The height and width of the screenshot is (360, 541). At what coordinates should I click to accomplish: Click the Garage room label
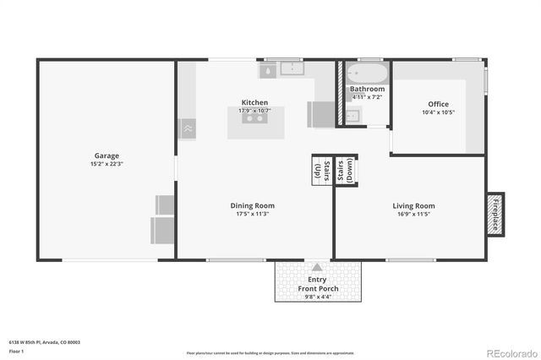coord(107,155)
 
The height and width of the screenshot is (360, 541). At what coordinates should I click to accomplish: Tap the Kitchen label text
coord(254,102)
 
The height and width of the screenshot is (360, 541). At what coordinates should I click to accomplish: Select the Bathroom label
coord(368,89)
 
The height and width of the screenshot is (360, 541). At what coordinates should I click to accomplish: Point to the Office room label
coord(438,104)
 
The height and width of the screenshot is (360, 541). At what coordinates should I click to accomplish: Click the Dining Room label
coord(253,205)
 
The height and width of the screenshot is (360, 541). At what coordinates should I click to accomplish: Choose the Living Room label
coord(413,205)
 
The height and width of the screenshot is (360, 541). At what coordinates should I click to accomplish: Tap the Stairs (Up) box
coord(321,169)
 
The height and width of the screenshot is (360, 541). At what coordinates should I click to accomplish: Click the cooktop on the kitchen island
coord(254,118)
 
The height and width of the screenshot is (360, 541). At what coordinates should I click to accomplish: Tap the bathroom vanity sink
coord(354,116)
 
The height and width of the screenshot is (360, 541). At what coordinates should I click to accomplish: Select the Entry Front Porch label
coord(317,284)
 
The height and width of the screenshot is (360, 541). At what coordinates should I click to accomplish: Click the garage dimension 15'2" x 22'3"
coord(107,164)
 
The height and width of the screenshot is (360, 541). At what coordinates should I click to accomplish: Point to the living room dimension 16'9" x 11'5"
coord(413,214)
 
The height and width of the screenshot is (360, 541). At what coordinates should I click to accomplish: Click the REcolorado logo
coord(509,352)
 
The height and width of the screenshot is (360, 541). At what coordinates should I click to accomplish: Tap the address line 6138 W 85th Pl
coord(44,341)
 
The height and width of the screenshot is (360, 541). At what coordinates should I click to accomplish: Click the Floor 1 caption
coord(17,351)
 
